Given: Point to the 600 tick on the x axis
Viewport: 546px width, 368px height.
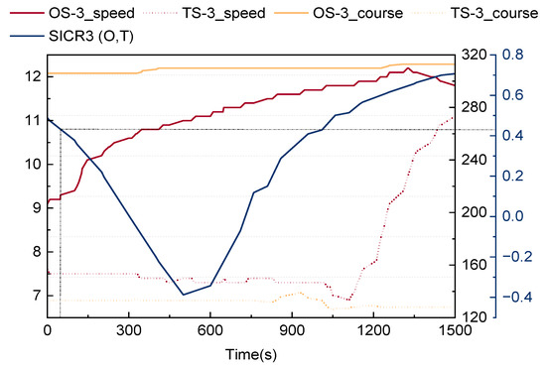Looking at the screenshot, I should [x=210, y=330].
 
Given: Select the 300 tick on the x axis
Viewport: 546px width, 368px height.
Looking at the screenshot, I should [x=128, y=330].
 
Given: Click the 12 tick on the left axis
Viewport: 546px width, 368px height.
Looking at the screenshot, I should [x=33, y=76].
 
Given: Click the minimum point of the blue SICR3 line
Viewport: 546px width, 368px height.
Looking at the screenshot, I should [x=183, y=295].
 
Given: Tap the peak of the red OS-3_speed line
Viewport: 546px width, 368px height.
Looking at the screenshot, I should [x=407, y=68].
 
